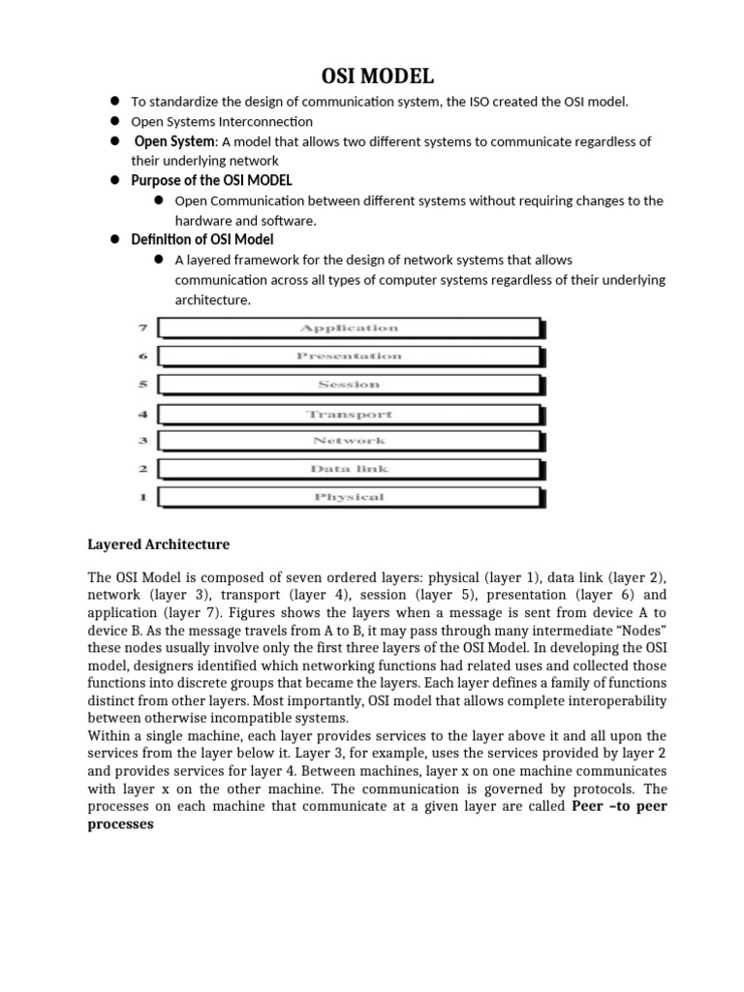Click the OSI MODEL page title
(372, 76)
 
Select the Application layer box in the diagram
(349, 328)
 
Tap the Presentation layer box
(349, 356)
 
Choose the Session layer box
(349, 385)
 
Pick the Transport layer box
(349, 414)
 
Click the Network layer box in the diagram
(349, 441)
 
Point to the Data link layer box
(349, 469)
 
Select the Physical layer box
(349, 497)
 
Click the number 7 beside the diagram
(142, 328)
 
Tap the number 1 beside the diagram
(142, 497)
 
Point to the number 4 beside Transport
(142, 414)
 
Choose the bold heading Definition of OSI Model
(202, 239)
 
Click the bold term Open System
(175, 141)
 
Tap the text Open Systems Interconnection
(222, 121)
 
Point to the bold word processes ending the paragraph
(121, 824)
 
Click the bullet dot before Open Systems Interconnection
(113, 121)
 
